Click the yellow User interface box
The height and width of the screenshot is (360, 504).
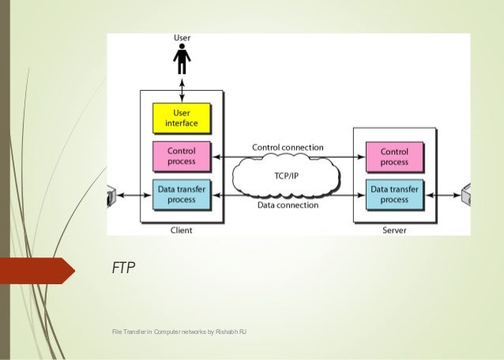(x=182, y=118)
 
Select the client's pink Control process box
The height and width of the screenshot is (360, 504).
(x=182, y=155)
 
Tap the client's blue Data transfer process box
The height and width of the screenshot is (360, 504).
(x=182, y=194)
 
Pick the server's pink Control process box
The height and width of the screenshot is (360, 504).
(x=394, y=155)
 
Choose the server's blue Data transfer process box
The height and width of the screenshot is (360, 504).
(x=394, y=194)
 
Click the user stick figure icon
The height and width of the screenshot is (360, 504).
(x=182, y=58)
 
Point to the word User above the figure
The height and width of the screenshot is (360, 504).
(x=182, y=37)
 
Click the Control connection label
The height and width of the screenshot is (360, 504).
(x=288, y=147)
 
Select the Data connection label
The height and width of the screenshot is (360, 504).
(x=288, y=205)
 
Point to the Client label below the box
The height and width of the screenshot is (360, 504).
(x=181, y=231)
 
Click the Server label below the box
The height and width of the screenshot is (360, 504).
(x=394, y=231)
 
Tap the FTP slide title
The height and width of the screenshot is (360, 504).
(x=124, y=269)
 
